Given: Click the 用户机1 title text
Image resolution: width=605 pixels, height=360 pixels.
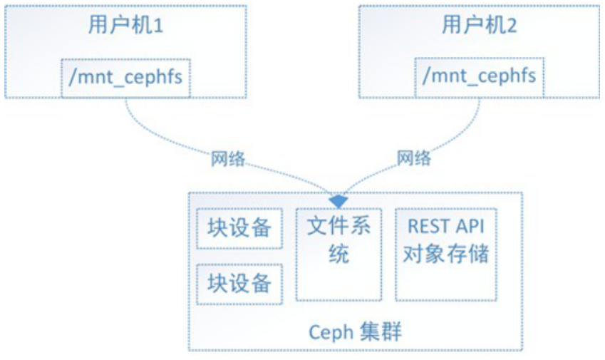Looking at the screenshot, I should coord(127,26).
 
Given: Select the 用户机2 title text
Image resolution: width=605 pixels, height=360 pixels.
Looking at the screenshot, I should coord(479,26).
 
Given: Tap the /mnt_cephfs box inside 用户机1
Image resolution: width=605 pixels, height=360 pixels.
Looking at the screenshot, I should coord(126,78).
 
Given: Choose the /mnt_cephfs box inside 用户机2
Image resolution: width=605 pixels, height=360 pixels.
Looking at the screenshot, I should coord(479,76).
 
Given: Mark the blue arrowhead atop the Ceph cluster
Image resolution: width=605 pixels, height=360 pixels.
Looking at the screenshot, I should coord(338,200).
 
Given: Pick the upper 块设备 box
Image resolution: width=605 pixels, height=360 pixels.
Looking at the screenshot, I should coord(239,228).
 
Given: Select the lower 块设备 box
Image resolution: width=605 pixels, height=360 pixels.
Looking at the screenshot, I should coord(239,283).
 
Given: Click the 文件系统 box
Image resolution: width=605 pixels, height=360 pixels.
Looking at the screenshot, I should coord(338,254).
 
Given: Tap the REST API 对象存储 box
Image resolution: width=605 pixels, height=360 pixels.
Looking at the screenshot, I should coord(445,254).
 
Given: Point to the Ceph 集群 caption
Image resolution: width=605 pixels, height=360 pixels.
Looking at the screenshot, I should coord(354,332).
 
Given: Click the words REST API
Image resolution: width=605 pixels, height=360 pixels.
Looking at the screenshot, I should coord(445,227).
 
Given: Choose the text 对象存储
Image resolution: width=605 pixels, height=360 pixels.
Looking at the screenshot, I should coord(445,253).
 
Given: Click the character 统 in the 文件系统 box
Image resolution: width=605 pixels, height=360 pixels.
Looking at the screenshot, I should coord(338,254).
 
